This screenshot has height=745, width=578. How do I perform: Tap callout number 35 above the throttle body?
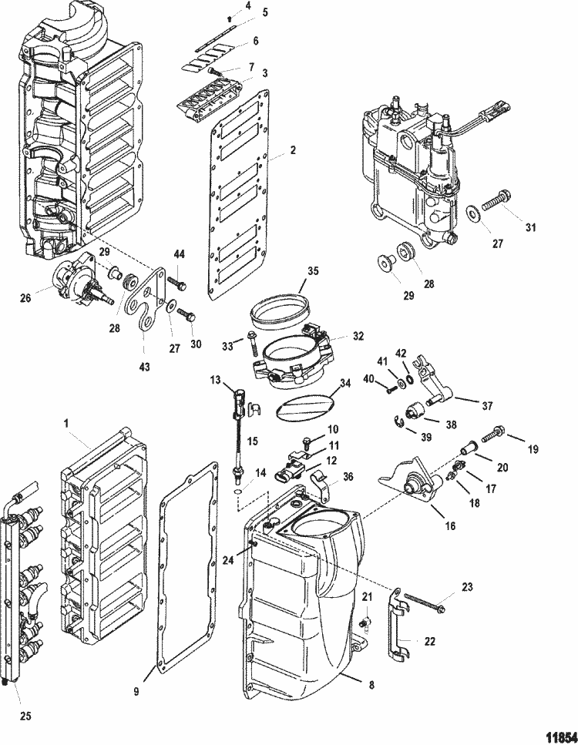313,270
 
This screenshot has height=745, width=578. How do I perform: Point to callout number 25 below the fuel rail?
25,716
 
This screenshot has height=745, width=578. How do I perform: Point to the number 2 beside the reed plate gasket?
292,151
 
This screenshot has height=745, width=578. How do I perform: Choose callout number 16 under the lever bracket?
449,526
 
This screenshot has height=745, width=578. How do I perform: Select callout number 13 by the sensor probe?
216,381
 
